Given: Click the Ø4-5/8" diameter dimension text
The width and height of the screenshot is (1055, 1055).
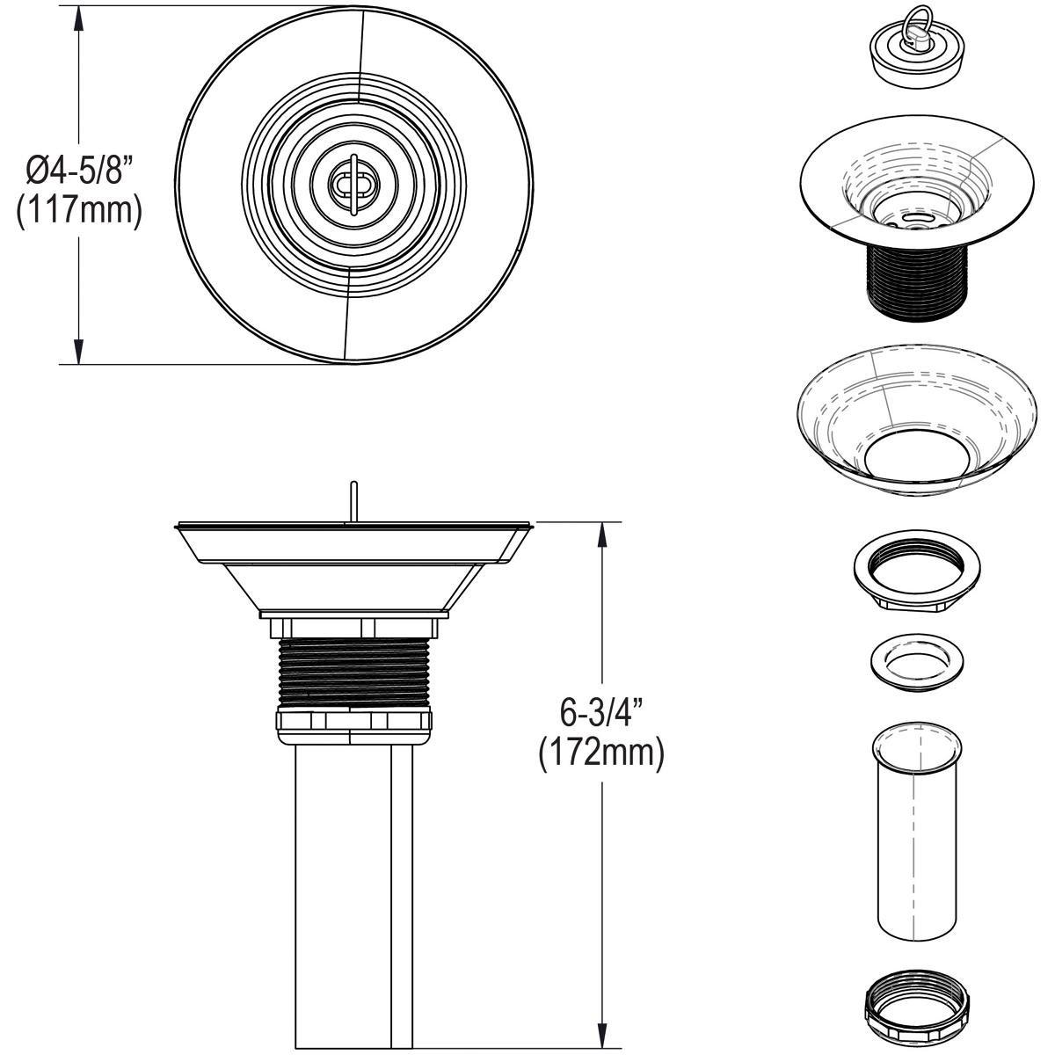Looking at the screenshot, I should pyautogui.click(x=79, y=168).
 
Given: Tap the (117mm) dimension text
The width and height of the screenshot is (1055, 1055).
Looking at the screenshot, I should pyautogui.click(x=79, y=212).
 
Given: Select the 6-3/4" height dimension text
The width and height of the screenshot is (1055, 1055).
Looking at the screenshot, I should pyautogui.click(x=600, y=709).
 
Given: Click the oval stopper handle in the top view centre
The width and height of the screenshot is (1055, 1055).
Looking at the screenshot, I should pyautogui.click(x=353, y=184).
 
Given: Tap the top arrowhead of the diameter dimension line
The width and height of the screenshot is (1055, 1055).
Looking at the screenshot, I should pyautogui.click(x=79, y=18).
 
